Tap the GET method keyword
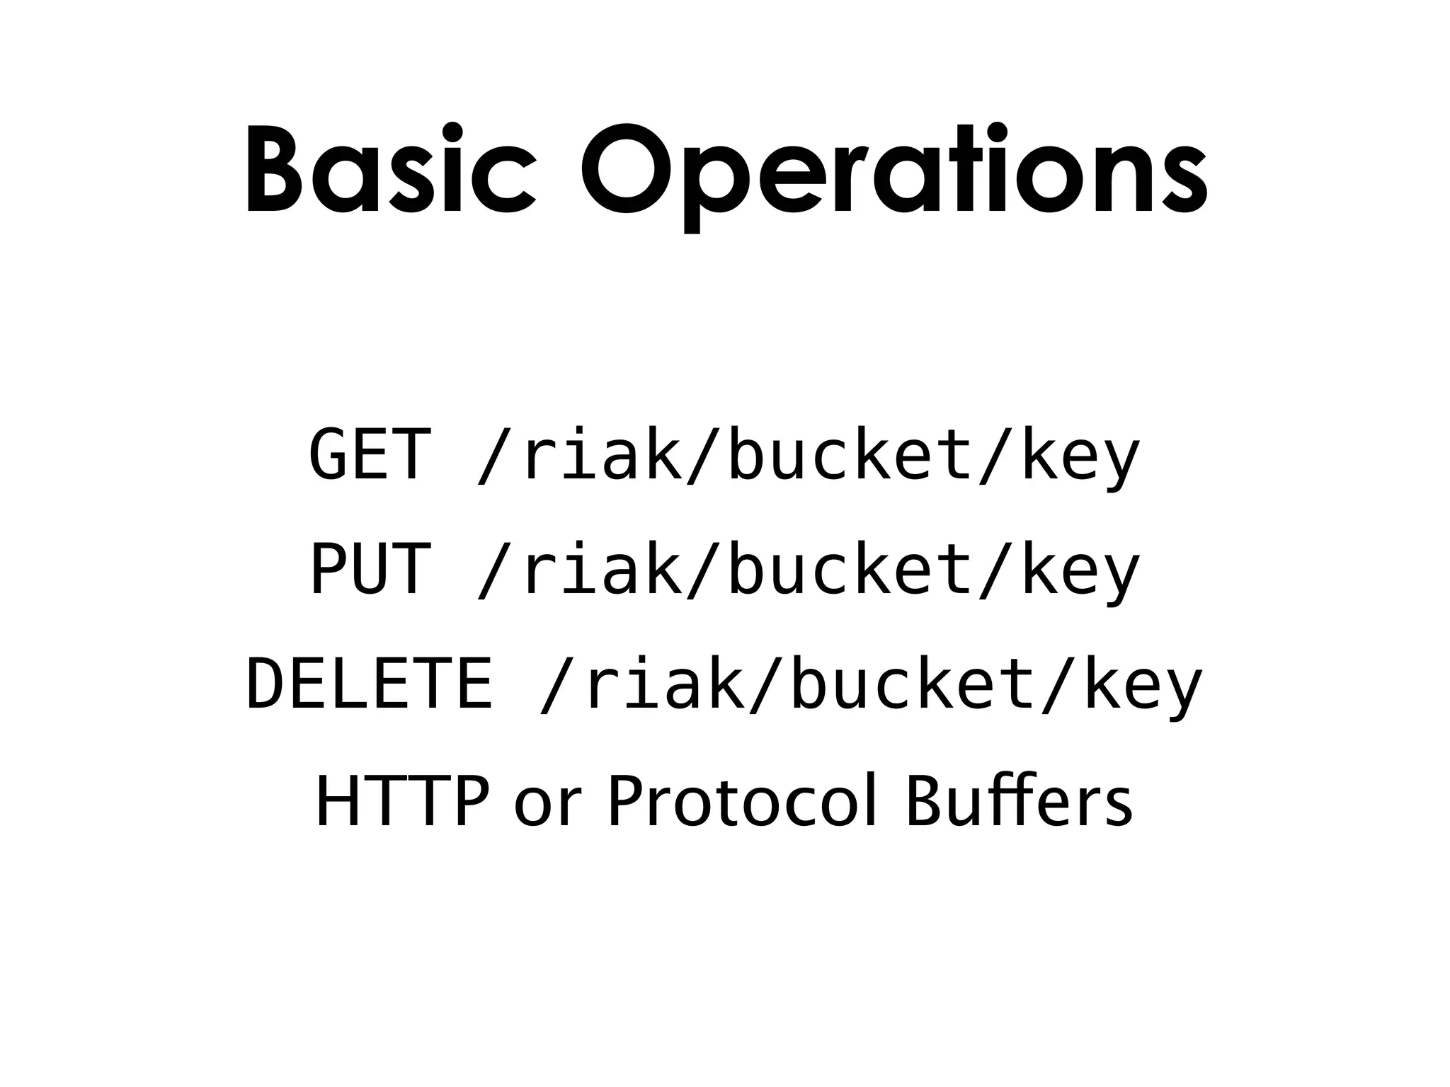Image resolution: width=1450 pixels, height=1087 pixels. [370, 454]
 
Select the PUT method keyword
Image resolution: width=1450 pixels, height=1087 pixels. [370, 569]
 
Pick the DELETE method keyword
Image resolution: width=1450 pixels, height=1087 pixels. [369, 684]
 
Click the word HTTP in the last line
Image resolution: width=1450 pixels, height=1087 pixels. [402, 801]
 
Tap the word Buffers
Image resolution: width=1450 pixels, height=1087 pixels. [1020, 801]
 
